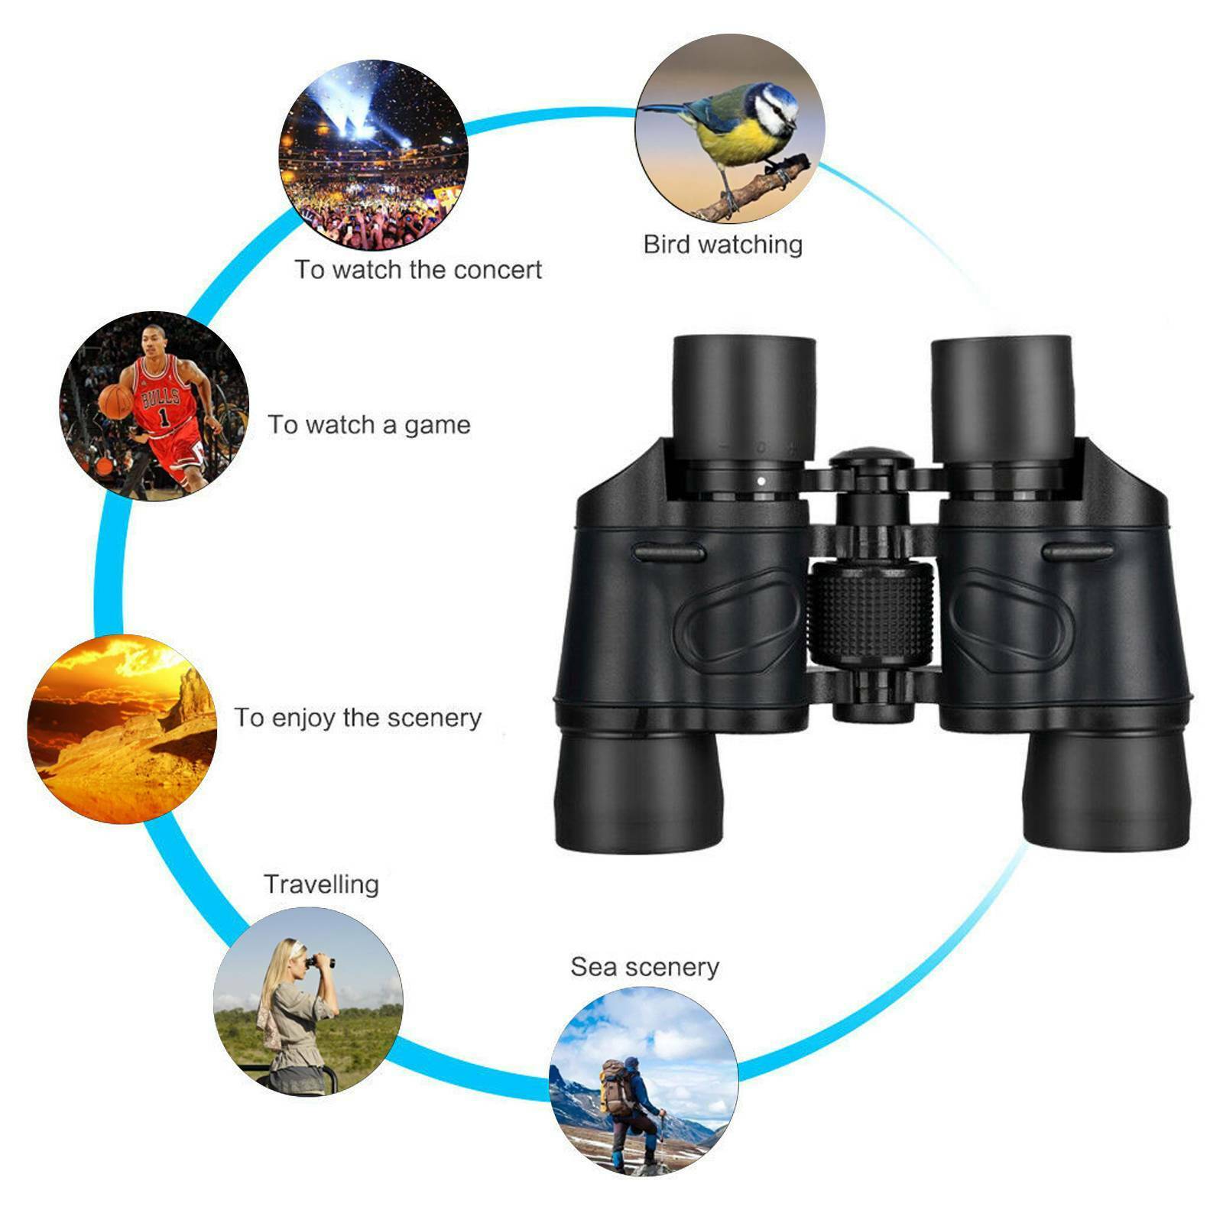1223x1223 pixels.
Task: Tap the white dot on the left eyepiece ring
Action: click(x=761, y=481)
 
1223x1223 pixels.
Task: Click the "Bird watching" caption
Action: click(x=722, y=245)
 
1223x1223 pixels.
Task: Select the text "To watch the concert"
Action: click(x=418, y=270)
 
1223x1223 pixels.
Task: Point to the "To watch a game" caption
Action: click(x=368, y=425)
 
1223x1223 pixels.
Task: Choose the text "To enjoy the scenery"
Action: click(x=358, y=718)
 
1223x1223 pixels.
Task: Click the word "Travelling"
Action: click(x=321, y=884)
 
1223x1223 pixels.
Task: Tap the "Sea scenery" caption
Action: click(x=644, y=967)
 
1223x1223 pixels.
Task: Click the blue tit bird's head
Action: click(x=774, y=107)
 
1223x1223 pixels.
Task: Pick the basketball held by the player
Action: click(x=115, y=401)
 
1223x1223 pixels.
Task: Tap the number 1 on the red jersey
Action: click(x=164, y=417)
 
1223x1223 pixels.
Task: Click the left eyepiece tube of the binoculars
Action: click(x=743, y=397)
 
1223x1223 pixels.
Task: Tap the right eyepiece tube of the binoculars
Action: click(x=1002, y=397)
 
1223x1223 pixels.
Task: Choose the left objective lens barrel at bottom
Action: click(x=638, y=791)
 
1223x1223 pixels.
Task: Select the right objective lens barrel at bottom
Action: click(x=1107, y=791)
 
